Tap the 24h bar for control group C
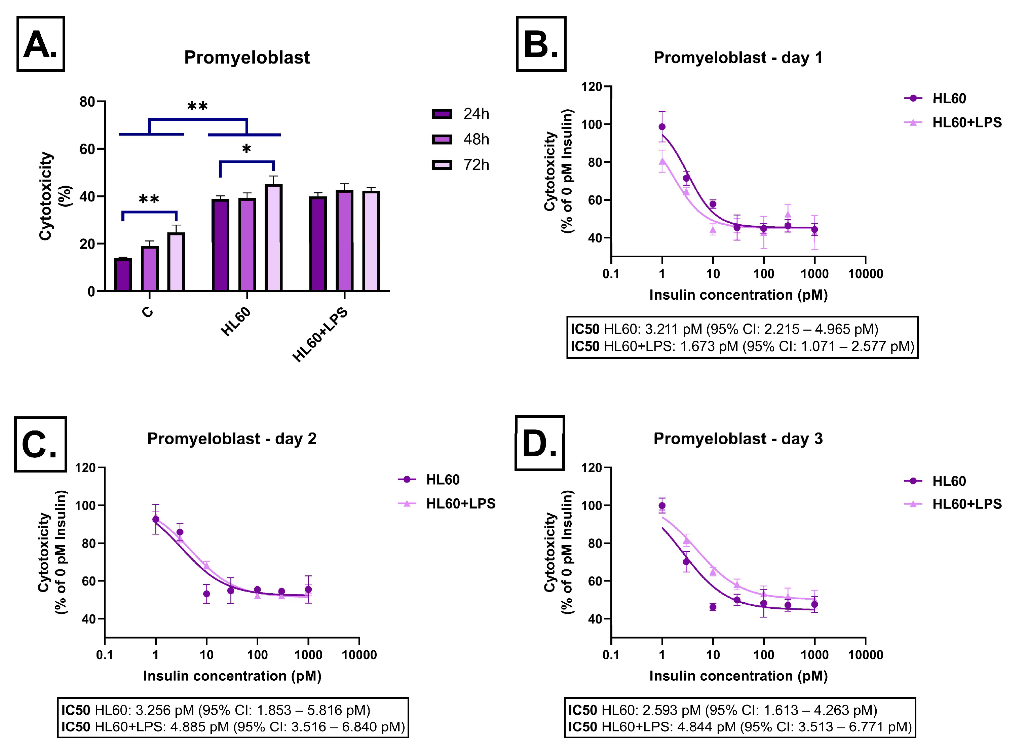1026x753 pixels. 123,274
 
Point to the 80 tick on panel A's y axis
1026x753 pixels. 87,102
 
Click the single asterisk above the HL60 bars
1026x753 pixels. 246,149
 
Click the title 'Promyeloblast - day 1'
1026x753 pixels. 737,58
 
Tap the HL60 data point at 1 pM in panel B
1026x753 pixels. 662,127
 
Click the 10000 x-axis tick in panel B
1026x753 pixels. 865,274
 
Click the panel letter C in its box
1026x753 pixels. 40,444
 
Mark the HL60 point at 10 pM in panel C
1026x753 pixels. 206,594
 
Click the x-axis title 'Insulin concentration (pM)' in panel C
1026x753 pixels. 232,676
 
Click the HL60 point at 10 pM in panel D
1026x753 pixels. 713,607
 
